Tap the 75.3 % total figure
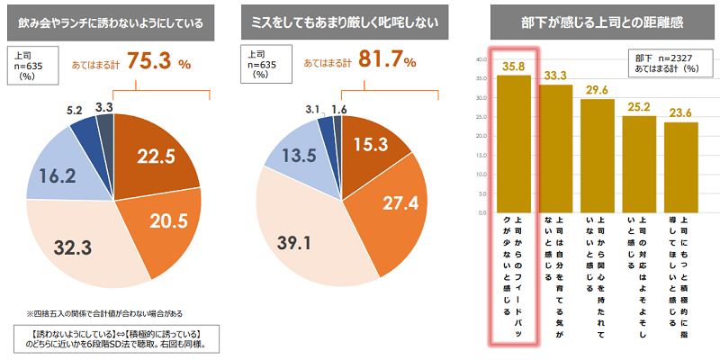click(159, 63)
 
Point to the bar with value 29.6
click(598, 154)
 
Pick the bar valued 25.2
click(639, 162)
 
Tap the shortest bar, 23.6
click(681, 166)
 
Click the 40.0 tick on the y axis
click(481, 59)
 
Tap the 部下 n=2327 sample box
click(666, 62)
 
